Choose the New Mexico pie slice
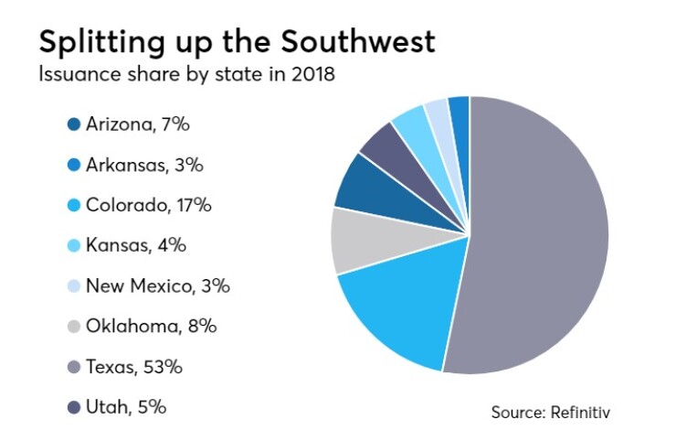point(438,115)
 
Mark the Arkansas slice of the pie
point(459,112)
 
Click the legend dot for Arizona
point(74,124)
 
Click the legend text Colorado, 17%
point(149,206)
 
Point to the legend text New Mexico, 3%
point(157,286)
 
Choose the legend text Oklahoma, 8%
point(152,327)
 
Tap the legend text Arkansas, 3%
point(144,166)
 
